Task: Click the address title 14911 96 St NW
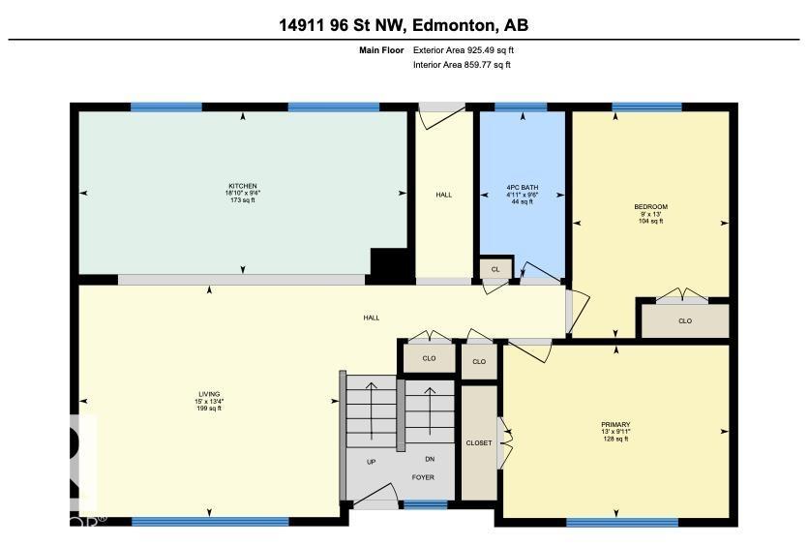[x=404, y=25]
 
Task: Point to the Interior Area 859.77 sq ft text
[x=462, y=65]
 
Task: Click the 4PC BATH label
[x=522, y=194]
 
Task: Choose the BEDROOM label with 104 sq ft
[x=650, y=213]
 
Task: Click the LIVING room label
[x=209, y=401]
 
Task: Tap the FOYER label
[x=423, y=477]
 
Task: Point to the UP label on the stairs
[x=371, y=462]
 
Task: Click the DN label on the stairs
[x=430, y=460]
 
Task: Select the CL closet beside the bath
[x=494, y=269]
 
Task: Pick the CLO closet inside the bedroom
[x=685, y=321]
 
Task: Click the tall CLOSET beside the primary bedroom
[x=478, y=442]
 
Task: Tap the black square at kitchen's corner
[x=390, y=262]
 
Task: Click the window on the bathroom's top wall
[x=521, y=107]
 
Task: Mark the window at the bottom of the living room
[x=209, y=521]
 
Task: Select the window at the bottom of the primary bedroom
[x=608, y=523]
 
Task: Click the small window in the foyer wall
[x=425, y=504]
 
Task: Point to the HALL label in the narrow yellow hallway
[x=443, y=195]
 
